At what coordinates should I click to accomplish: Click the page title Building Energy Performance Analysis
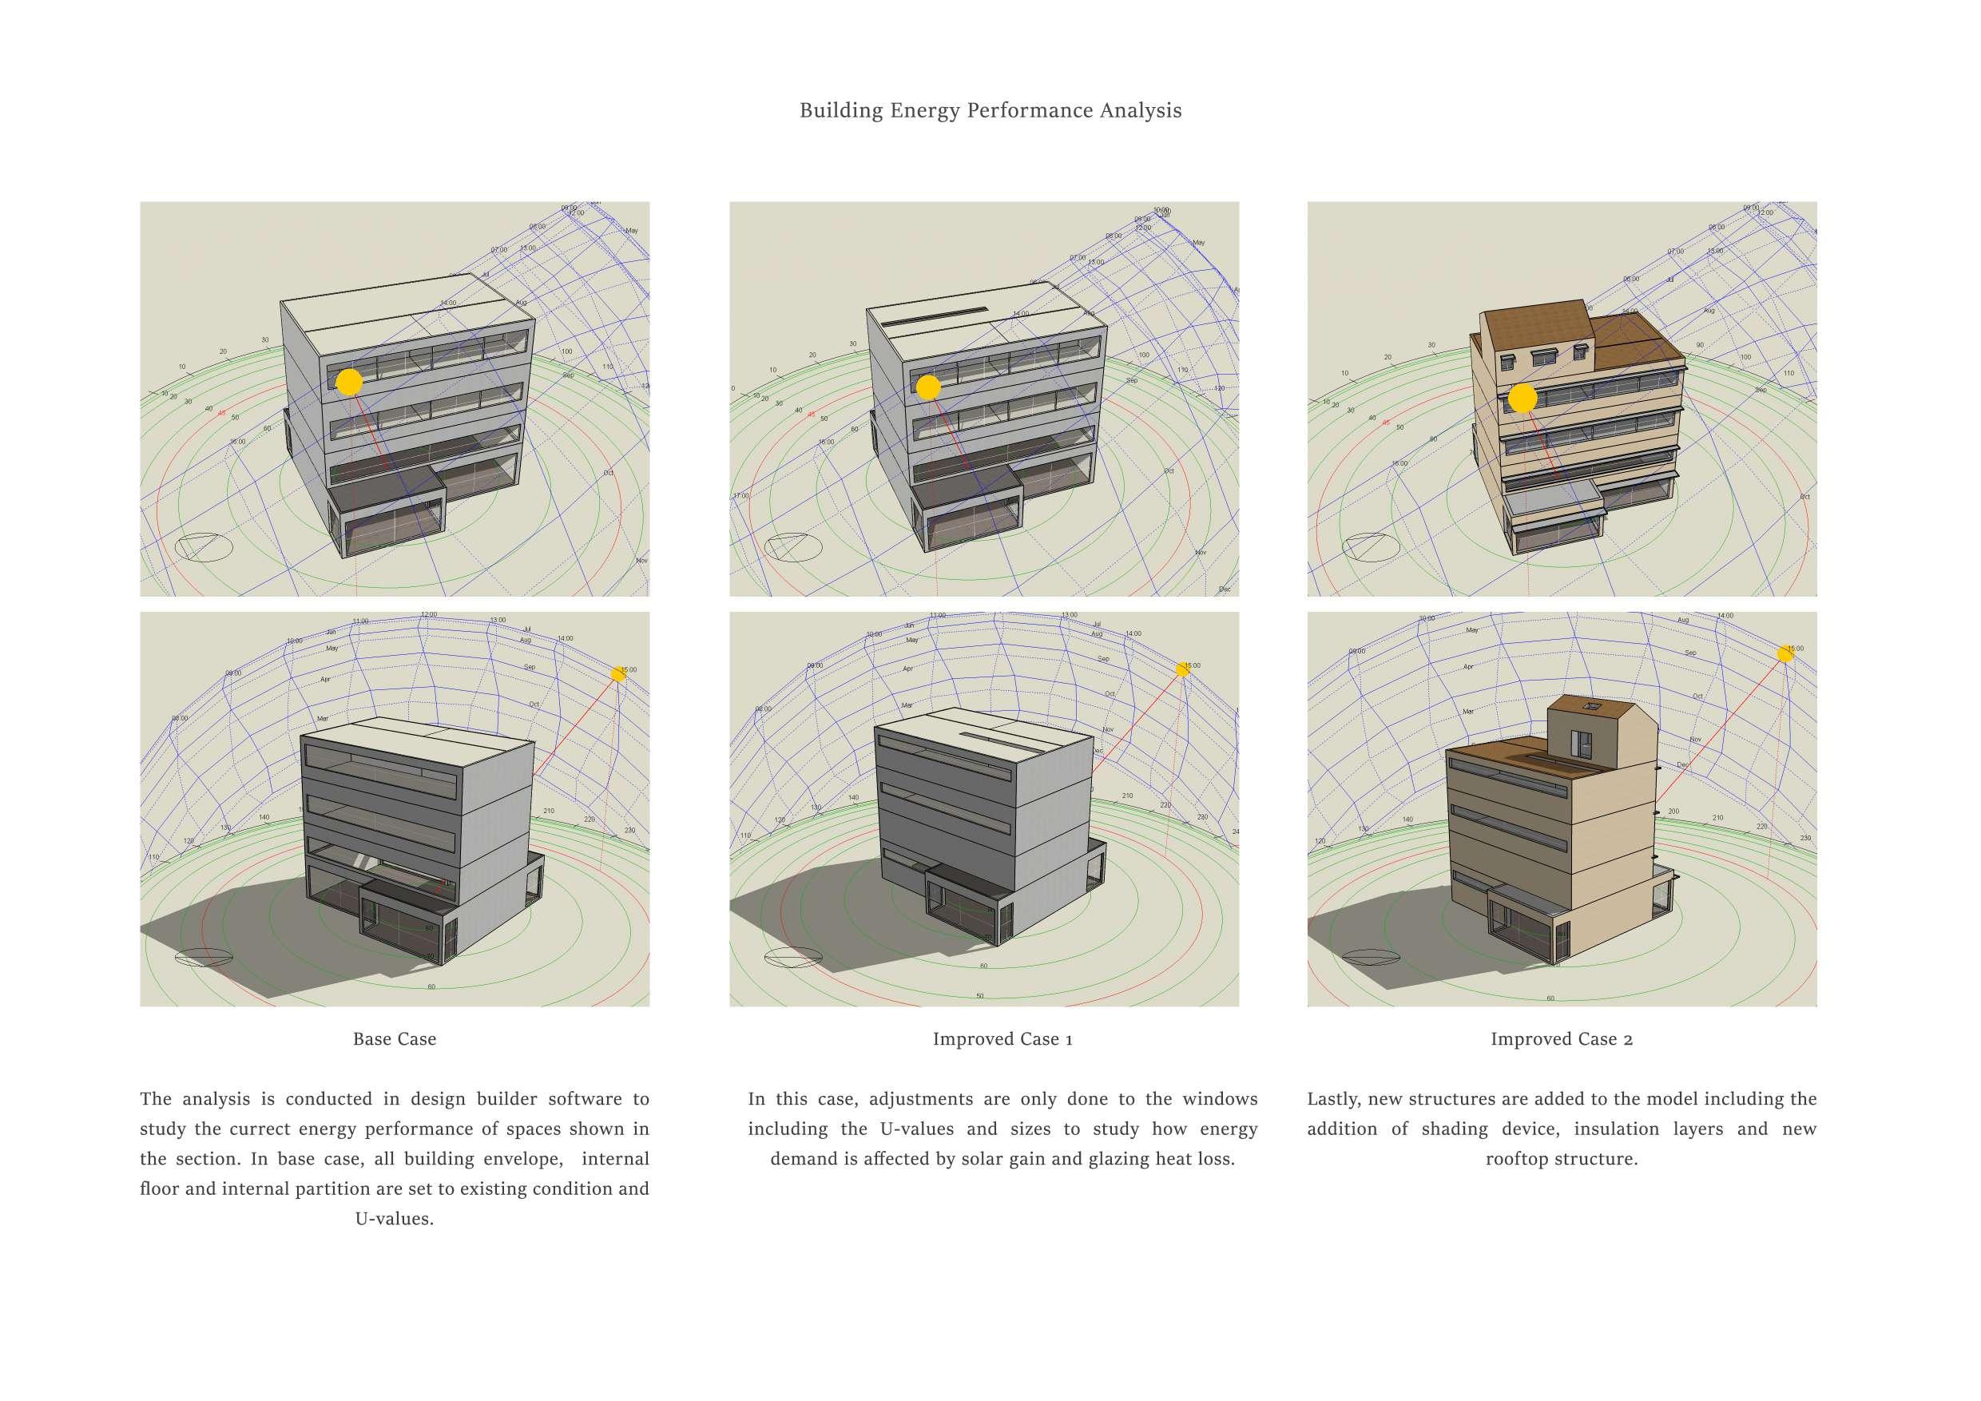click(x=990, y=110)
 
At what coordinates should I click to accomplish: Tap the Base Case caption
click(x=395, y=1038)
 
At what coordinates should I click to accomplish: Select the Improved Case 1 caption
click(x=1002, y=1038)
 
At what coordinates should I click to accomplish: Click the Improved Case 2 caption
click(x=1562, y=1038)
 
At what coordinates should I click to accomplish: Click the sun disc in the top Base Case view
click(x=348, y=382)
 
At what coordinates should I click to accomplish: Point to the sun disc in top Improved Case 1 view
click(x=927, y=387)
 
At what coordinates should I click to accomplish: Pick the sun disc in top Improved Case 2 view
click(x=1522, y=399)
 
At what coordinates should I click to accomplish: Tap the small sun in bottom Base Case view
click(x=617, y=674)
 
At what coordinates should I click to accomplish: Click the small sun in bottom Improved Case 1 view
click(x=1182, y=669)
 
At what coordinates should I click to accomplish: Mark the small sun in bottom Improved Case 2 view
click(x=1785, y=654)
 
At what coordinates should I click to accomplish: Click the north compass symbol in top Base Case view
click(x=204, y=547)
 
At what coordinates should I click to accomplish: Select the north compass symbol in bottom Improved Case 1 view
click(x=793, y=958)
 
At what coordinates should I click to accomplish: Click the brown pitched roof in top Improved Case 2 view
click(x=1536, y=327)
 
